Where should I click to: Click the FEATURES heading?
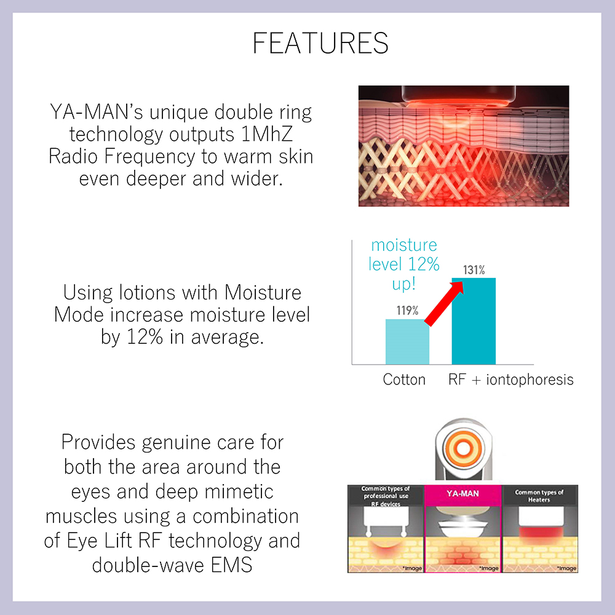[x=320, y=43]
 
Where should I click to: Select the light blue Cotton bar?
[x=407, y=341]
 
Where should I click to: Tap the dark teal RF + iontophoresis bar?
[x=474, y=321]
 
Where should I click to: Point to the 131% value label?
[x=474, y=270]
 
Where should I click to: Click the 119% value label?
[x=407, y=311]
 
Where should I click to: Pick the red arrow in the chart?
[x=445, y=303]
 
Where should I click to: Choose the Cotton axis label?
[x=404, y=379]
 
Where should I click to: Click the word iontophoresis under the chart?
[x=530, y=379]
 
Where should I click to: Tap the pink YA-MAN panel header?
[x=463, y=493]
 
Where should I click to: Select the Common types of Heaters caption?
[x=539, y=496]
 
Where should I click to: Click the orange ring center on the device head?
[x=463, y=448]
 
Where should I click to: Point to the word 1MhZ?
[x=267, y=134]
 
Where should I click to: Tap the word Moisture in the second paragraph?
[x=263, y=293]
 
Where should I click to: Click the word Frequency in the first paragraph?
[x=149, y=157]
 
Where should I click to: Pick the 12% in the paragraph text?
[x=145, y=337]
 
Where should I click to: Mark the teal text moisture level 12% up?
[x=404, y=264]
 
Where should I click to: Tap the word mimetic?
[x=239, y=492]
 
